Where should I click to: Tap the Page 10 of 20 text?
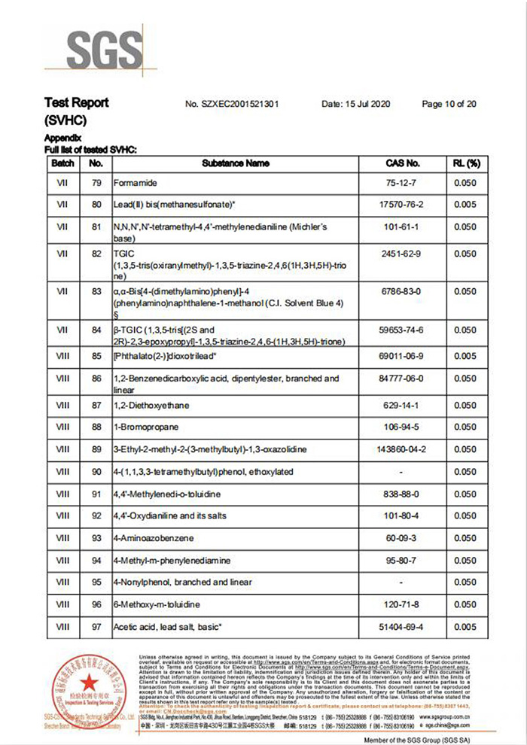pyautogui.click(x=449, y=104)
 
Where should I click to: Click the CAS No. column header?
pyautogui.click(x=402, y=163)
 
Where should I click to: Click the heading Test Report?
pyautogui.click(x=77, y=103)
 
